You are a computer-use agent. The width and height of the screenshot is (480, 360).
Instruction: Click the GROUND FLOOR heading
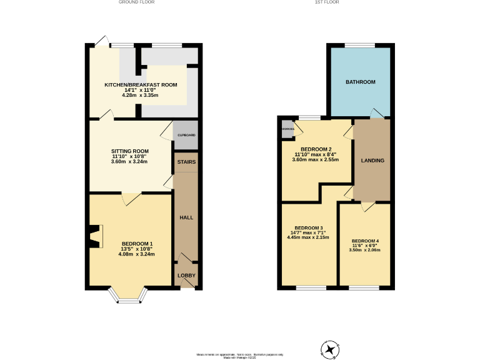[x=136, y=2]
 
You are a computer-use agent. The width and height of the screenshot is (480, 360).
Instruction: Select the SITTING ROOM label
[x=130, y=151]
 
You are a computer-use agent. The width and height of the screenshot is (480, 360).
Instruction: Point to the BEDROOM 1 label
[x=137, y=244]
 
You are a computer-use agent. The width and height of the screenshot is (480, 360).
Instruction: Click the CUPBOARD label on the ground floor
[x=186, y=135]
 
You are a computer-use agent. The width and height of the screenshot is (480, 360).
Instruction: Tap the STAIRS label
[x=186, y=162]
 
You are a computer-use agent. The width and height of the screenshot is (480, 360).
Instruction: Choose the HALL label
[x=186, y=217]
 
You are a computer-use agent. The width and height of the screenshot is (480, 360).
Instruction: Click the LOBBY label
[x=186, y=276]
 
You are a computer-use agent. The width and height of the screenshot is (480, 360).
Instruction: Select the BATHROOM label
[x=361, y=82]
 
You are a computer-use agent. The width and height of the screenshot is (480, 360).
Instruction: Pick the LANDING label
[x=372, y=161]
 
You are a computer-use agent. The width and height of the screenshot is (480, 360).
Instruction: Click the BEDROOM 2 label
[x=316, y=149]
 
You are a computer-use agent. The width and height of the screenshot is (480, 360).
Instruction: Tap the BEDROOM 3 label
[x=308, y=227]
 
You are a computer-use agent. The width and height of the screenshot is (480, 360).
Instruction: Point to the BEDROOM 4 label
[x=365, y=241]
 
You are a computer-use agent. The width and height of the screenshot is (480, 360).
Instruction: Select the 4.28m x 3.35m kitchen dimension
[x=131, y=96]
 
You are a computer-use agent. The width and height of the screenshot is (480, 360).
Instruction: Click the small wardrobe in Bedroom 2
[x=287, y=129]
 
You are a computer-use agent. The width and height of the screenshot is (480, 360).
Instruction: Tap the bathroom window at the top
[x=361, y=45]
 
